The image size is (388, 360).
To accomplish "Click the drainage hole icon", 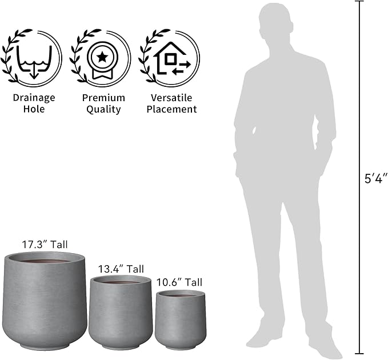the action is coord(34,61).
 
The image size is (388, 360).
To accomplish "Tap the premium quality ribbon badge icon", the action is coord(102,61).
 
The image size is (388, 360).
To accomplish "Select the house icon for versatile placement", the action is coord(172,58).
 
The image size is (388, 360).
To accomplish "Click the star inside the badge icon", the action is coord(102,57).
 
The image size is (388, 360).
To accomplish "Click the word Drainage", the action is coord(34,98).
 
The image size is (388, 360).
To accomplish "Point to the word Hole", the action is coord(34,109).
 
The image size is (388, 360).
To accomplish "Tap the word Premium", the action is coord(103,98).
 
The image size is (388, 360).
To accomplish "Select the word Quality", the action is coord(103,109).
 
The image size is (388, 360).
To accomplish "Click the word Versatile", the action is coord(171,98).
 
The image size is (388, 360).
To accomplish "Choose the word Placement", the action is coord(171,109).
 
